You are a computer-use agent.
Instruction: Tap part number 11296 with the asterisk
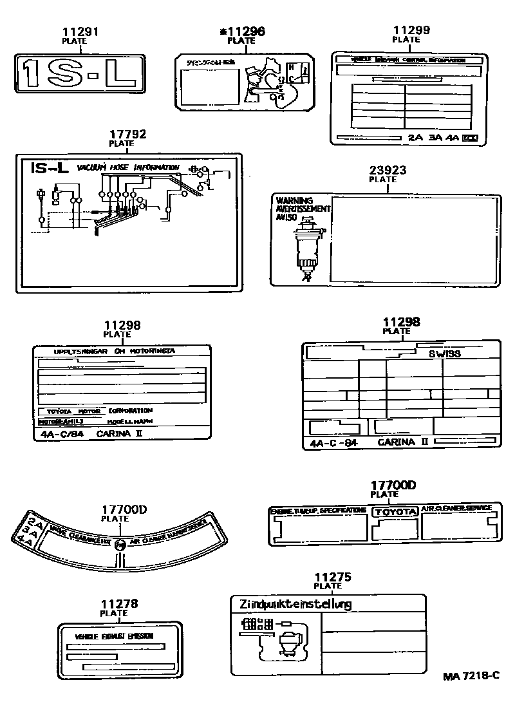(241, 31)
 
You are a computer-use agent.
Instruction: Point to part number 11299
(412, 30)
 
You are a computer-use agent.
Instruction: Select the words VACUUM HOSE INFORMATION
(128, 167)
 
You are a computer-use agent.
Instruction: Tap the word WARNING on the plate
(294, 200)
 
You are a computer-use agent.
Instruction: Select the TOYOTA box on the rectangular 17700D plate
(396, 511)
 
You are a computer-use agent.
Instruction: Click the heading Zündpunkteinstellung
(295, 604)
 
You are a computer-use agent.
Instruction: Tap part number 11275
(332, 577)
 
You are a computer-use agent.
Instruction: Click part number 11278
(118, 604)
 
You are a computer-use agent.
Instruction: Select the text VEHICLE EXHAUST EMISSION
(114, 636)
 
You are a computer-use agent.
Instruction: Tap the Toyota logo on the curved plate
(121, 544)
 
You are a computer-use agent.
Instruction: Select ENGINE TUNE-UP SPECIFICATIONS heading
(318, 510)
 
